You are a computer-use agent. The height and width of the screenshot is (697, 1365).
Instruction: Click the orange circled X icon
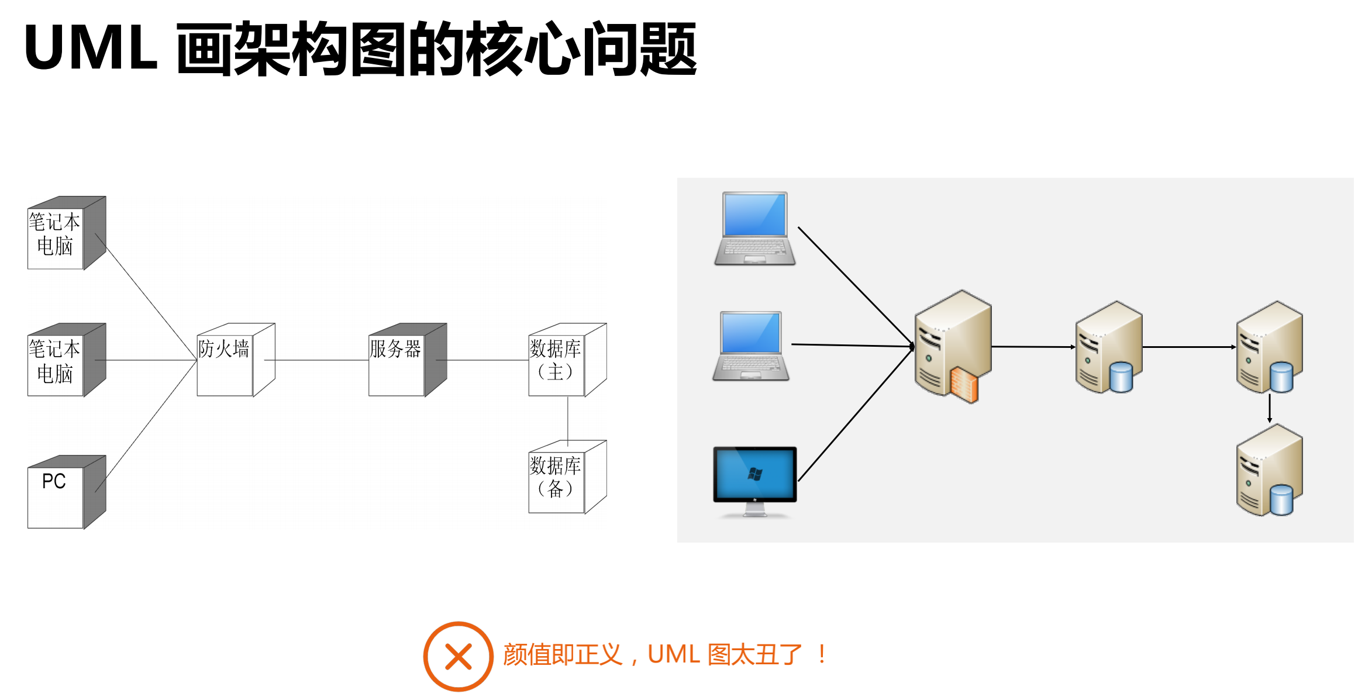[458, 656]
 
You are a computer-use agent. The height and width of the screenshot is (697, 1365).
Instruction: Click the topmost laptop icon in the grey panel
[754, 228]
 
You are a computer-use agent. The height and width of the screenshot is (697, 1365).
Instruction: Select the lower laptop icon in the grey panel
[751, 346]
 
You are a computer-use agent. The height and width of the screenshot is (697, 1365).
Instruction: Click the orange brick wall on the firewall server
[964, 385]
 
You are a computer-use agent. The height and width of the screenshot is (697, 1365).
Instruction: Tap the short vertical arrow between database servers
[1269, 408]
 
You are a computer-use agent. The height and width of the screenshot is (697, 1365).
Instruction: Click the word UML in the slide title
[91, 48]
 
